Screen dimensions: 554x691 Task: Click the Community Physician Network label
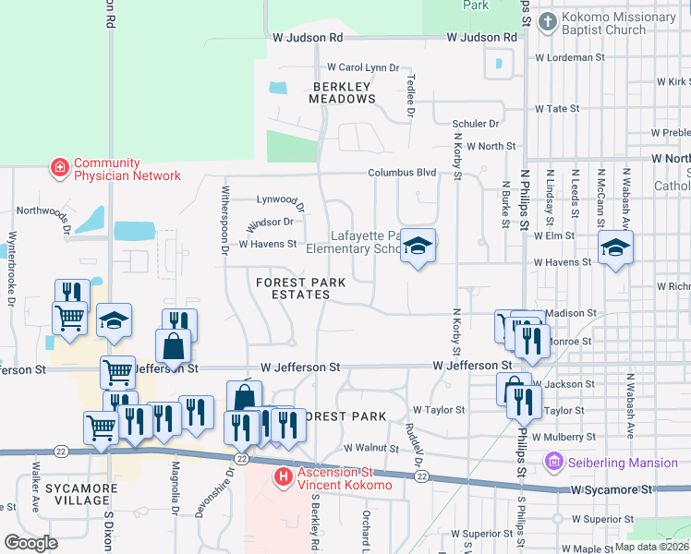point(127,168)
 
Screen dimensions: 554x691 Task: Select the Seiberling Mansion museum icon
point(554,461)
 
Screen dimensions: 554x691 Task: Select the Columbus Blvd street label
point(402,173)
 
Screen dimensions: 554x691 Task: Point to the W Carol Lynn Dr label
point(362,67)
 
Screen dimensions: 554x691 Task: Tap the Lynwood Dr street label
point(280,199)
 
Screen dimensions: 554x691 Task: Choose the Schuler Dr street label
point(475,123)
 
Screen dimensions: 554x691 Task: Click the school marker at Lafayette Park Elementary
point(418,247)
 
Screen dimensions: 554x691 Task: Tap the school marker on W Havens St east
point(615,247)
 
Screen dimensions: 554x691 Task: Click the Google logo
point(30,543)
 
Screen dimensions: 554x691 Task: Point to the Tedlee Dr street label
point(410,99)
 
